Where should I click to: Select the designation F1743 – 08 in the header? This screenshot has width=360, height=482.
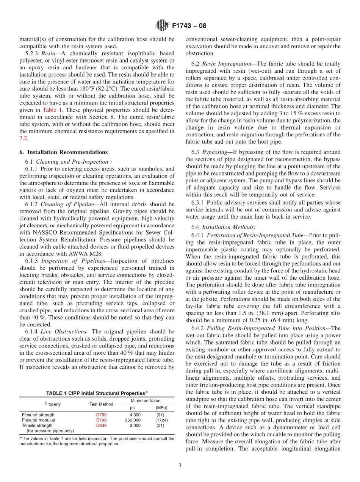click(x=189, y=26)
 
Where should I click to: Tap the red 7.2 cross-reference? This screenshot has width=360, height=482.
click(x=23, y=139)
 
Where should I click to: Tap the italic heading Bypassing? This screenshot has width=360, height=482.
click(x=215, y=152)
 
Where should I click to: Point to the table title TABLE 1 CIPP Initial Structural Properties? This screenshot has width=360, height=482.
click(x=97, y=393)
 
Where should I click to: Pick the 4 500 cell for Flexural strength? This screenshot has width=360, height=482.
click(x=135, y=415)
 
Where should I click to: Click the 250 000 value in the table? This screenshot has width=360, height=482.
click(x=133, y=420)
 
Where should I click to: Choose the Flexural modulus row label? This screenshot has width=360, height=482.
click(x=38, y=420)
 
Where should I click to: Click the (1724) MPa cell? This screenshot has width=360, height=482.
click(x=161, y=420)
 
